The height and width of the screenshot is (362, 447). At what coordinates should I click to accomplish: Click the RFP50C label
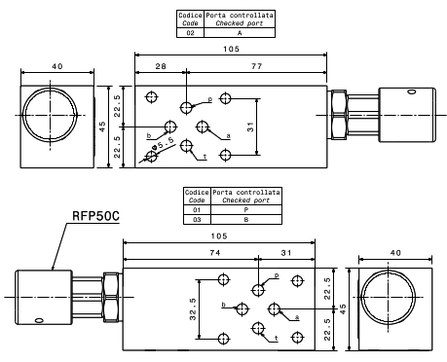(x=95, y=216)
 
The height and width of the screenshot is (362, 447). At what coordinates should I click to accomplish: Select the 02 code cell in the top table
(x=190, y=33)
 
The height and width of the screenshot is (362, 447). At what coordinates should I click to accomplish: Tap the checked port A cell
(x=240, y=33)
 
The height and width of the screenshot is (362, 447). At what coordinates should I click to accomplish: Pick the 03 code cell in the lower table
(x=197, y=220)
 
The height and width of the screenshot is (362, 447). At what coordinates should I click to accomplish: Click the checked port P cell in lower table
(x=246, y=210)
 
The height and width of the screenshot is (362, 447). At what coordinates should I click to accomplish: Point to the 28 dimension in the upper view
(x=161, y=66)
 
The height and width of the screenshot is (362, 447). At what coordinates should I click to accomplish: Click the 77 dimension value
(x=256, y=66)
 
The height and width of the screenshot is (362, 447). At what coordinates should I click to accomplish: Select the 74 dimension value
(x=215, y=253)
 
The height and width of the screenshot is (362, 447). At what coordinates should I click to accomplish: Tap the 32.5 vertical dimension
(x=193, y=309)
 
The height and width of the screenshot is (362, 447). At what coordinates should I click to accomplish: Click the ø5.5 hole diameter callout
(x=164, y=144)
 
